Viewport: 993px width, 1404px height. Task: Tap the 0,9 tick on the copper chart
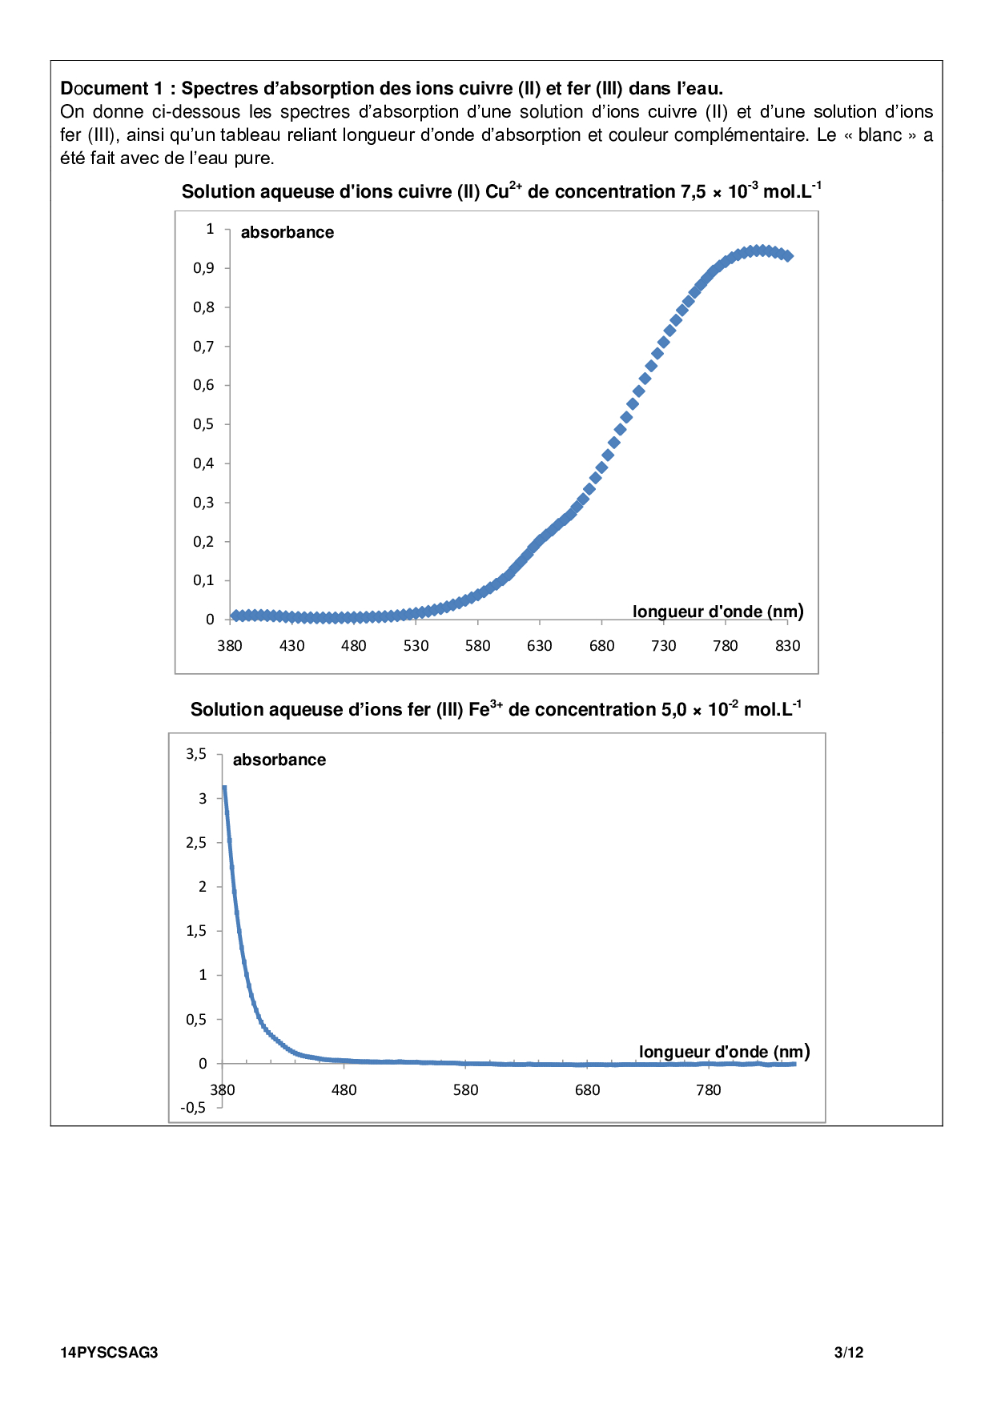coord(204,268)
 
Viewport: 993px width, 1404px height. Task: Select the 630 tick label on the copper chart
coord(540,646)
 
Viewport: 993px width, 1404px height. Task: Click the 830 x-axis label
coord(787,646)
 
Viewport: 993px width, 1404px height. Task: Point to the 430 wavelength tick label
coord(291,646)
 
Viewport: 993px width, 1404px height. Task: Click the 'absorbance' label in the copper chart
coord(287,232)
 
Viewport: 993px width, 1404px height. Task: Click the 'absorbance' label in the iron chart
coord(279,760)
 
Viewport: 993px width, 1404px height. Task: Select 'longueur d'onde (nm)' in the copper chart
coord(718,612)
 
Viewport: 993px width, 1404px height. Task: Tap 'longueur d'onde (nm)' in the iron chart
coord(724,1052)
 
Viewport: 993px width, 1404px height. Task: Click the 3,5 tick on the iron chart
coord(196,753)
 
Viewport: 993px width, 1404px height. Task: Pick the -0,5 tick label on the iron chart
coord(193,1108)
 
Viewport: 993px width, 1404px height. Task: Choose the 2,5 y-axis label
coord(196,842)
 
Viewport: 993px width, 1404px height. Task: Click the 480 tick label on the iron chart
coord(344,1089)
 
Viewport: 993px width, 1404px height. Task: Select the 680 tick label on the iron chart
coord(587,1089)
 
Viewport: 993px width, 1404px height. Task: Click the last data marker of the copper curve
coord(788,256)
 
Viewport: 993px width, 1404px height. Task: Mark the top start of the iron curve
coord(224,788)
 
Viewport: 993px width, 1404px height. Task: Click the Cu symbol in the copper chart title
coord(496,192)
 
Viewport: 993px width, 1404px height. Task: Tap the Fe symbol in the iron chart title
coord(478,710)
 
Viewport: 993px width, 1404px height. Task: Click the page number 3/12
coord(849,1353)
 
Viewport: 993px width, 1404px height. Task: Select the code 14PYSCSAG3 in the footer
coord(109,1353)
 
